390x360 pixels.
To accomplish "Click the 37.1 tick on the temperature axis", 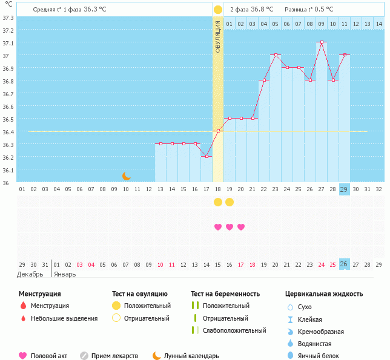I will coord(8,44).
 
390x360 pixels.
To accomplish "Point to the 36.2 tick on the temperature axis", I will coord(8,157).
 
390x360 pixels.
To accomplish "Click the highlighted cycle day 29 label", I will coord(344,189).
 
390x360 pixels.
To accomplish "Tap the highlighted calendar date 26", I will coord(344,264).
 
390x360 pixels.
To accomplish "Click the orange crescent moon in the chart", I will coord(127,176).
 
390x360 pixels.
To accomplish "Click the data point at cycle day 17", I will coord(207,156).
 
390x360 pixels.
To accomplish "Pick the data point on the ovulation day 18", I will coord(218,131).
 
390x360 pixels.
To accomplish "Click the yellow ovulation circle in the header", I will coord(218,10).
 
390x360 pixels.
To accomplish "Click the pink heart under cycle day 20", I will coord(241,227).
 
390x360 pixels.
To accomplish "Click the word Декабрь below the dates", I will coord(30,274).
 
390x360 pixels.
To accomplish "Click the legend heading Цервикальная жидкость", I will coord(324,294).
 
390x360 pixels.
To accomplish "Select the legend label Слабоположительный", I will coord(234,330).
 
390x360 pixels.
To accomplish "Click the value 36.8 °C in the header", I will coord(262,10).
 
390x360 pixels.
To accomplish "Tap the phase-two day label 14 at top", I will coord(378,24).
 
